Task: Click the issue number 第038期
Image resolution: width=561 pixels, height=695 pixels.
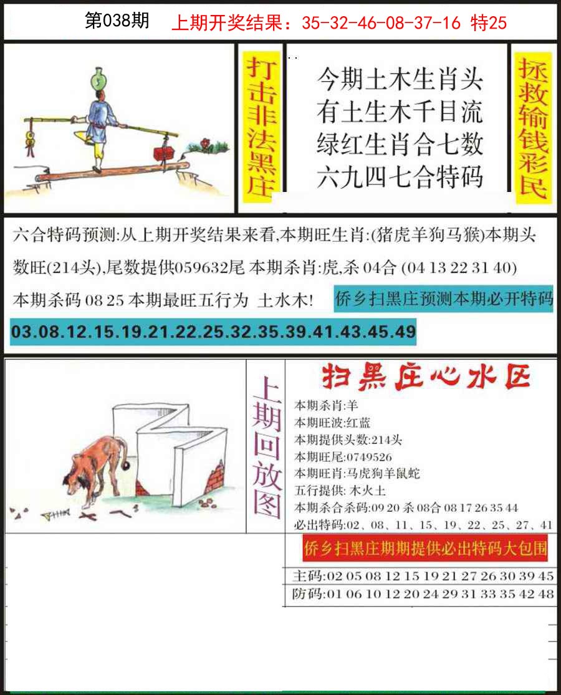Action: pyautogui.click(x=117, y=22)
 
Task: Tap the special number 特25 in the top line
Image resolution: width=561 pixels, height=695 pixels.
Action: pyautogui.click(x=489, y=23)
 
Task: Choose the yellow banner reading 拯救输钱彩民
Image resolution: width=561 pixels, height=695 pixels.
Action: pyautogui.click(x=534, y=128)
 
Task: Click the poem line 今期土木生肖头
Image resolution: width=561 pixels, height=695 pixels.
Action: pyautogui.click(x=399, y=80)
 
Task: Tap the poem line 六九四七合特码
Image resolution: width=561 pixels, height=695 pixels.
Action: pyautogui.click(x=399, y=177)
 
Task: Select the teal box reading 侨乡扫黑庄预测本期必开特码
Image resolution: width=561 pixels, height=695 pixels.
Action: pyautogui.click(x=443, y=299)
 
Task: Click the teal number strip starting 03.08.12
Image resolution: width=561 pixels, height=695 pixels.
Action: pyautogui.click(x=213, y=332)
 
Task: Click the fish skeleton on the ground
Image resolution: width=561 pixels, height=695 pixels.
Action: pyautogui.click(x=52, y=515)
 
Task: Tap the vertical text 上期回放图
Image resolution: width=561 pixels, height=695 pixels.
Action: pyautogui.click(x=266, y=447)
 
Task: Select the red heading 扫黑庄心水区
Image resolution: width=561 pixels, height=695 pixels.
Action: pyautogui.click(x=425, y=377)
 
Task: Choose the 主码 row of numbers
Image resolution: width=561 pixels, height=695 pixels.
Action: pyautogui.click(x=423, y=576)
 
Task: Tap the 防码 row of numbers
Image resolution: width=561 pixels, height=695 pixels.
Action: pyautogui.click(x=423, y=594)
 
